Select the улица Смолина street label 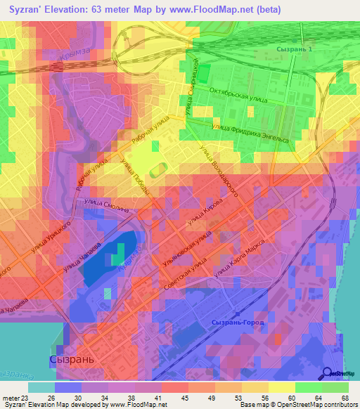[x=106, y=203]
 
